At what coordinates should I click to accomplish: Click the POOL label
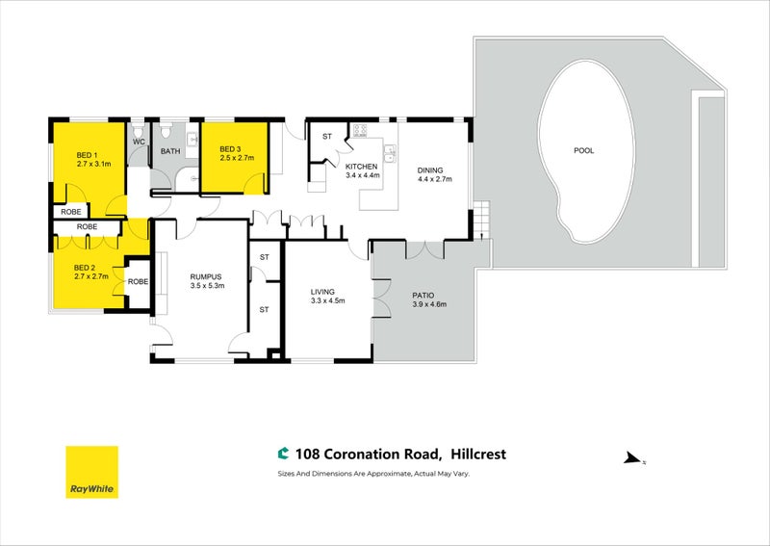(584, 150)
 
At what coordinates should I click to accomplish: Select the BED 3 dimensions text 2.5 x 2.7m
(237, 158)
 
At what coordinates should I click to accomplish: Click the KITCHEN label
(362, 167)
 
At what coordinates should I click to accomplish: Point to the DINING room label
(430, 170)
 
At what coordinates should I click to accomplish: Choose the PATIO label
(423, 296)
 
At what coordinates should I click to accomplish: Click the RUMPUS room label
(206, 276)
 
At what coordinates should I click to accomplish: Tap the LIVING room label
(322, 292)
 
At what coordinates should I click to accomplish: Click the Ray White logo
(91, 472)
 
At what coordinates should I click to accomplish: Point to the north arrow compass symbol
(633, 459)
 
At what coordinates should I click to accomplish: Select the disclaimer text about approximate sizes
(373, 474)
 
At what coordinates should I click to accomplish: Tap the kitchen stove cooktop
(360, 130)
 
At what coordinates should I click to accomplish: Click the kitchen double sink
(390, 153)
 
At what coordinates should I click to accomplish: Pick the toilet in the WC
(139, 130)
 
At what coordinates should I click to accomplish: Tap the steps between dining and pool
(482, 220)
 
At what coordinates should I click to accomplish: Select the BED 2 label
(85, 268)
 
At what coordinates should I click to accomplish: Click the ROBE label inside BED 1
(71, 212)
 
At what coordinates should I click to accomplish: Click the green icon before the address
(283, 454)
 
